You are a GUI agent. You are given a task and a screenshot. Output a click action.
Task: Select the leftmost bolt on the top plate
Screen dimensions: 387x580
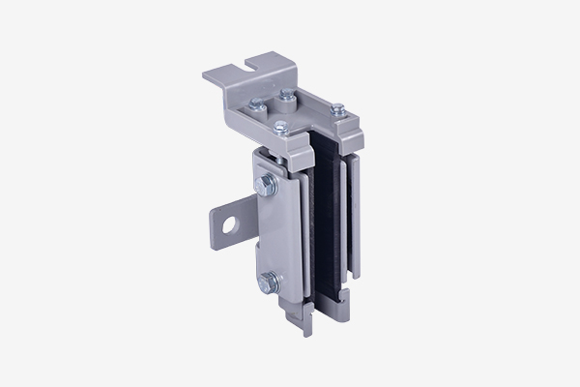click(253, 106)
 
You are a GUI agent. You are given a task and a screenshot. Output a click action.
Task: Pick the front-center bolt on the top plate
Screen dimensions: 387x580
click(282, 124)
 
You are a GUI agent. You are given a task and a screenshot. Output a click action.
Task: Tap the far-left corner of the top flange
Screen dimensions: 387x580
click(205, 74)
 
